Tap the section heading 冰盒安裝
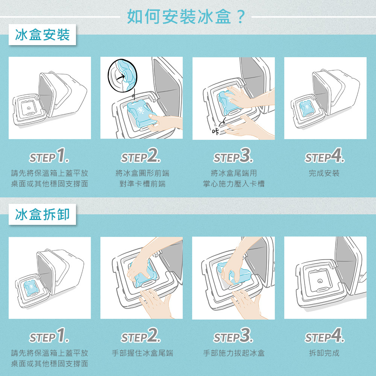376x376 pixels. coord(42,35)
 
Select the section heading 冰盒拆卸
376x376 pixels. coord(42,214)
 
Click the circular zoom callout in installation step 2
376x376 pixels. coord(123,76)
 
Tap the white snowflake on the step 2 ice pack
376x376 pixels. coord(141,110)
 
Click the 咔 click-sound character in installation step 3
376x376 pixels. coord(215,131)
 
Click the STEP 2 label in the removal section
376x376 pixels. coord(141,335)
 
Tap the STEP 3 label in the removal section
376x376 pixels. coord(233,335)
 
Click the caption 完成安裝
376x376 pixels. coord(324,173)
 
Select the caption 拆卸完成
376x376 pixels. coord(324,353)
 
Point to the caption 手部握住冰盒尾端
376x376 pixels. coord(143,353)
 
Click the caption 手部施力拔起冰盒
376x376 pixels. coord(234,353)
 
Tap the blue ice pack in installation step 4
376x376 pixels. coord(306,109)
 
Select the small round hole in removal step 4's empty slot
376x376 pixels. coord(320,281)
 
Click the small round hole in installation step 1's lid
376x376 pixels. coord(29,108)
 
